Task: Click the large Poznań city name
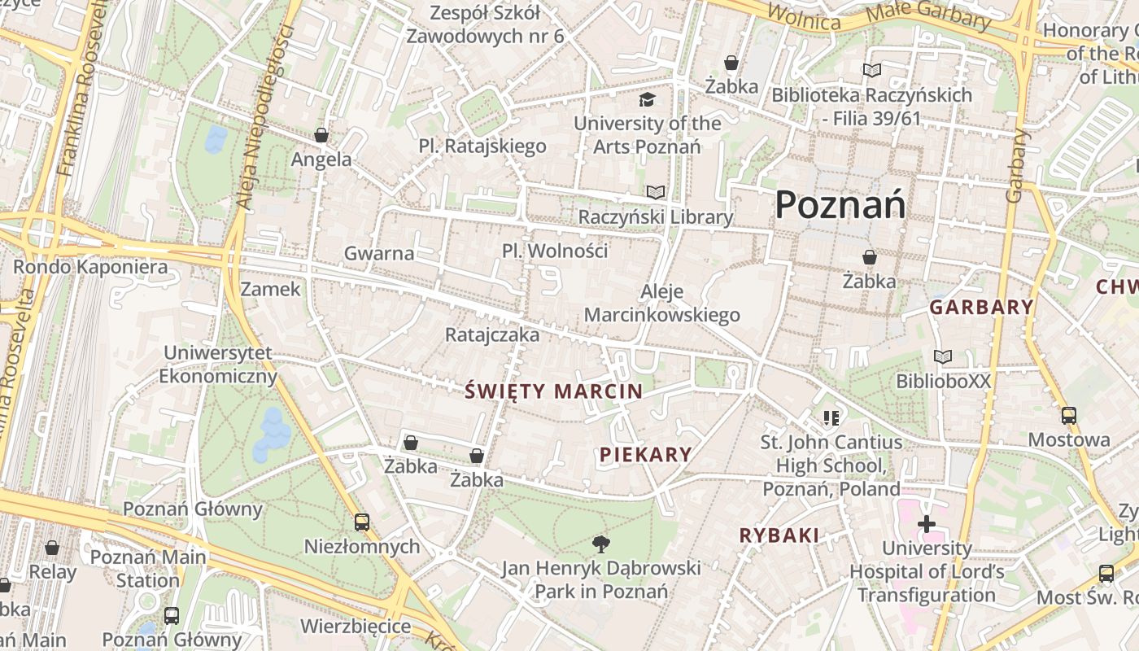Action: tap(840, 204)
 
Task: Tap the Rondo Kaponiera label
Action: tap(90, 267)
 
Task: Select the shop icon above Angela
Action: tap(321, 135)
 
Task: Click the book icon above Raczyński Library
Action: tap(656, 193)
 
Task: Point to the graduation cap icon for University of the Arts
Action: tap(647, 99)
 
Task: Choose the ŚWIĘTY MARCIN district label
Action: tap(554, 391)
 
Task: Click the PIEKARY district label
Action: tap(646, 455)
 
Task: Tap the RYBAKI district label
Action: tap(779, 535)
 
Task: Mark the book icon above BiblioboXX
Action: tap(943, 356)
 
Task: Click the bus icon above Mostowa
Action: tap(1069, 416)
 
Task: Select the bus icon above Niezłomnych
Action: tap(362, 522)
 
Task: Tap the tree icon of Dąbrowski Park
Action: tap(601, 543)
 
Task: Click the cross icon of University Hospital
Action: tap(927, 524)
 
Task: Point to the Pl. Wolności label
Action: tap(555, 251)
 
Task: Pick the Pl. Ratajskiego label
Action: tap(482, 146)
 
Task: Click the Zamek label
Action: tap(270, 290)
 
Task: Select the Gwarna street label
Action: tap(379, 253)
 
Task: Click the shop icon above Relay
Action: tap(52, 548)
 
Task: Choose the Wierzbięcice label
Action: tap(356, 626)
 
